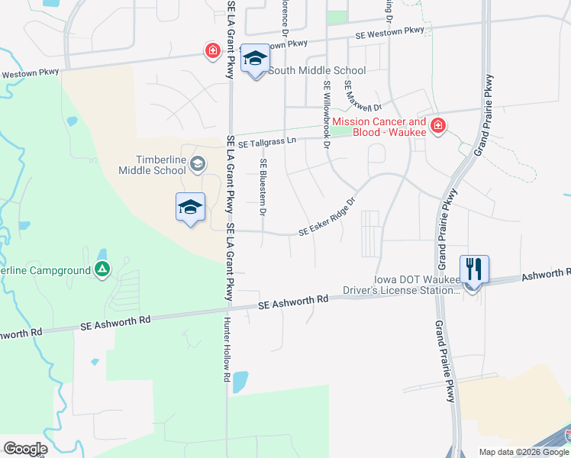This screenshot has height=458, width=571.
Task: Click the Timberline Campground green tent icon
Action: click(x=102, y=269)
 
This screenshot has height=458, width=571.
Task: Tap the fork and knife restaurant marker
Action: click(x=473, y=269)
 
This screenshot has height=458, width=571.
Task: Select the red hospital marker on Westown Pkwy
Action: click(x=212, y=51)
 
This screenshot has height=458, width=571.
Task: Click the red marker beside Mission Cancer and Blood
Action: click(x=437, y=126)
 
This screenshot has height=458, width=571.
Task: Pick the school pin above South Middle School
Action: click(x=255, y=58)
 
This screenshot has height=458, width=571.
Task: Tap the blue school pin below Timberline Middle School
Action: click(x=190, y=207)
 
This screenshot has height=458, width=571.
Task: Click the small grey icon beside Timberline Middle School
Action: click(x=198, y=163)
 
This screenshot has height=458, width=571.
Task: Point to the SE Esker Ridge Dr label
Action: click(x=327, y=218)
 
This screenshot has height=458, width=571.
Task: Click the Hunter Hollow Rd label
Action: click(x=227, y=350)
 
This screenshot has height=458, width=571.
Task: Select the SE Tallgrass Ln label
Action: click(x=266, y=143)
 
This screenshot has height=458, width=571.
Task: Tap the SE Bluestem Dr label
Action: click(x=263, y=186)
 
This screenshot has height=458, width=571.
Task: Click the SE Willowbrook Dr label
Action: click(x=327, y=114)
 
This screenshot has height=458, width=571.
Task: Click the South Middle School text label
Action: click(x=318, y=71)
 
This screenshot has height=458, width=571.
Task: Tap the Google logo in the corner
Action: click(x=24, y=448)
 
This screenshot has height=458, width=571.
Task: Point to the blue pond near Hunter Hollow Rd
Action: click(x=239, y=381)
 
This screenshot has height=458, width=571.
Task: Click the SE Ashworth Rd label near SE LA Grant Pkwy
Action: click(x=292, y=303)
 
